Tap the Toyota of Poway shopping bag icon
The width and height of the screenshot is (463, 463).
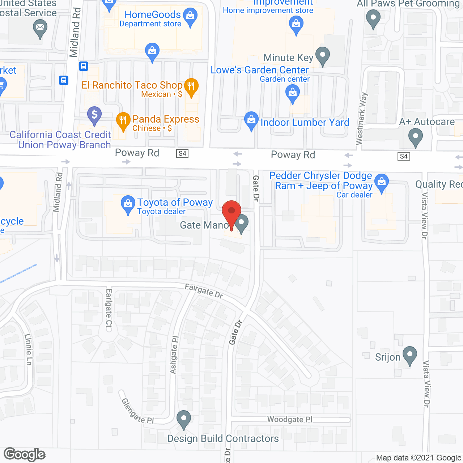128,204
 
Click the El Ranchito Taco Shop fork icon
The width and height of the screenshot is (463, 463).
191,86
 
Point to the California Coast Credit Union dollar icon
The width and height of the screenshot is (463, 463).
94,115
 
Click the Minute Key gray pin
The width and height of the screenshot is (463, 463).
322,55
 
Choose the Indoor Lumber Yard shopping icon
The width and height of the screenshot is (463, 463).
251,120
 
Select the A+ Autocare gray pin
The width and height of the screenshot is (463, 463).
415,137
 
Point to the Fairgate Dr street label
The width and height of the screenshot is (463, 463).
204,291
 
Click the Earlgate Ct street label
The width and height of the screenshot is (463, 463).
109,310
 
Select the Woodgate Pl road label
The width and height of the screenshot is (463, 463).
290,419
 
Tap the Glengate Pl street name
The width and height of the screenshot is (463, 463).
137,411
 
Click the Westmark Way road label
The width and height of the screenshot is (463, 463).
362,119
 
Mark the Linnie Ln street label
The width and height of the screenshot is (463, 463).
29,349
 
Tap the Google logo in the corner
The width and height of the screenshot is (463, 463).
25,454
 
